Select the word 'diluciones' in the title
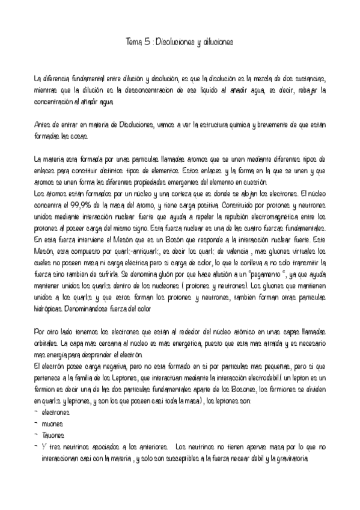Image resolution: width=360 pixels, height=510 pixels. coord(215,43)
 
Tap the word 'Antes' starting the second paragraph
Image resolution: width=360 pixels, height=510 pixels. coord(43,124)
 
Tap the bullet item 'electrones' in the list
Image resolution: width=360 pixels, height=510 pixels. coord(55,413)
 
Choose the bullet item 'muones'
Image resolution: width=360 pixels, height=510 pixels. coord(53,425)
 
